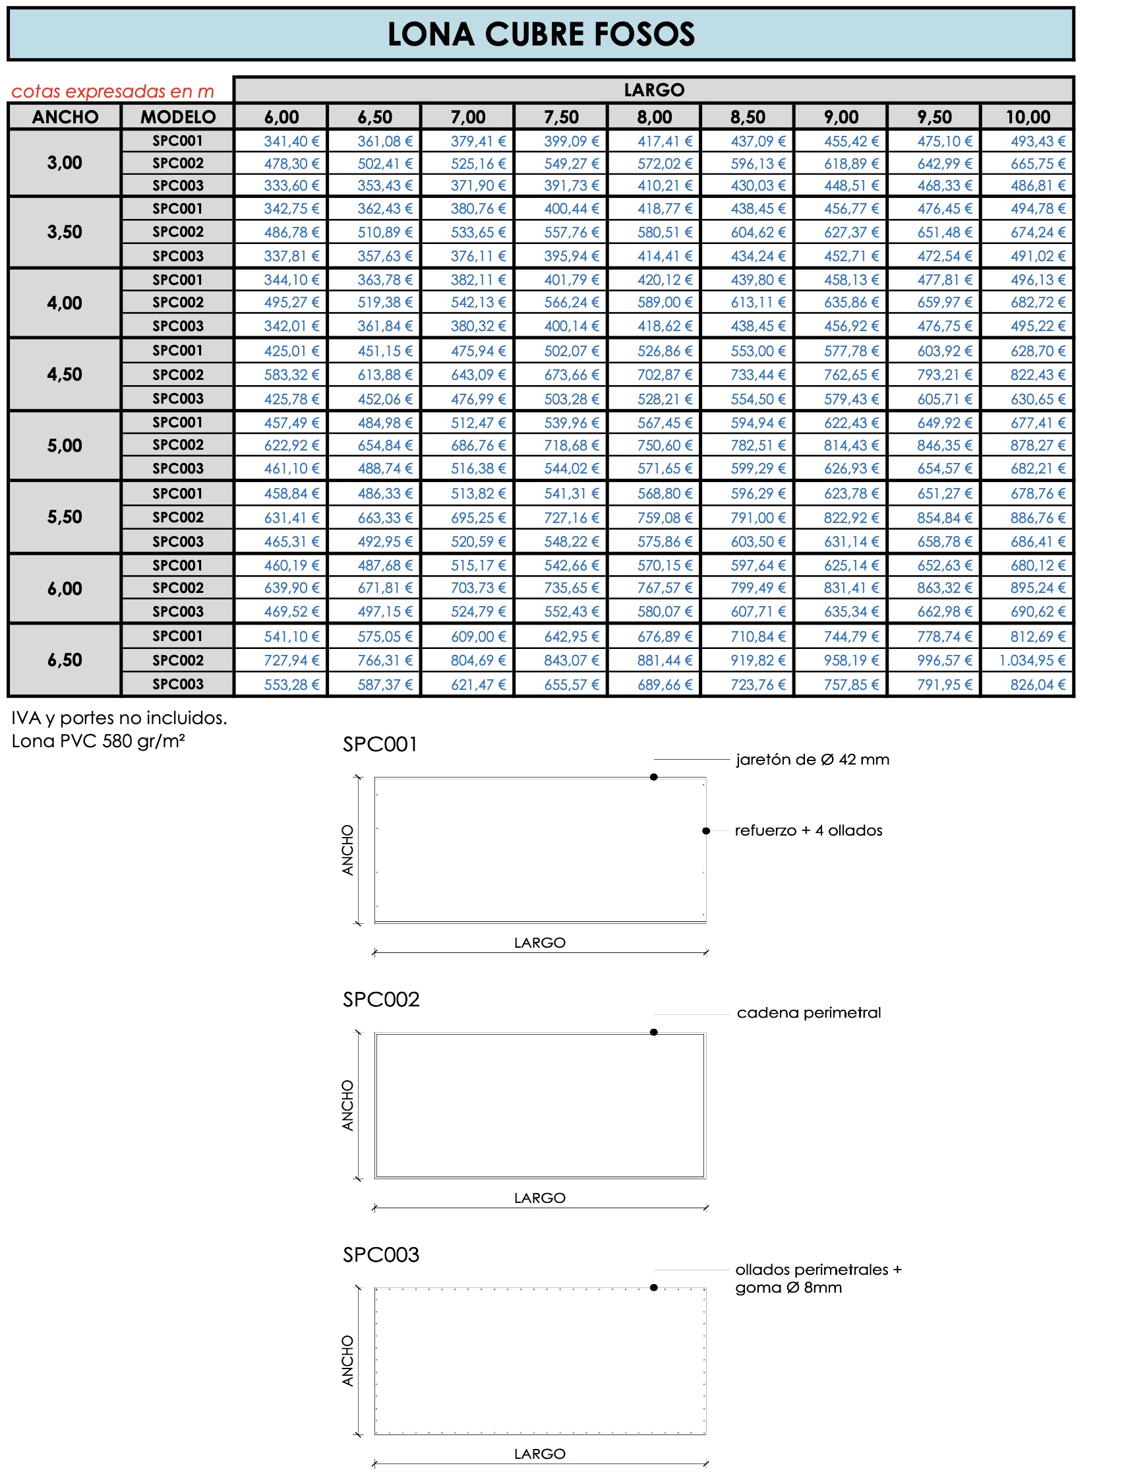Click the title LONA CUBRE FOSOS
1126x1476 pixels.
tap(541, 34)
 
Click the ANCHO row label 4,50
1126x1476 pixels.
tap(65, 374)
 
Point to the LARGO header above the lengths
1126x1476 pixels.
tap(653, 90)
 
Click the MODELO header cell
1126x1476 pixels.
tap(177, 117)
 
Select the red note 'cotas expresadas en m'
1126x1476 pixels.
tap(113, 91)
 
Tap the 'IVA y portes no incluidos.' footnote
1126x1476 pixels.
tap(119, 718)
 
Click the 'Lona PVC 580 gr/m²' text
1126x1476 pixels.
tap(98, 741)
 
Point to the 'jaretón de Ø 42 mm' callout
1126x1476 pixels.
tap(812, 760)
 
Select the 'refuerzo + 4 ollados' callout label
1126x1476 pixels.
tap(808, 831)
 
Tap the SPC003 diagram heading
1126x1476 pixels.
tap(380, 1255)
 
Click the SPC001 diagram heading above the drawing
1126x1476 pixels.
tap(380, 745)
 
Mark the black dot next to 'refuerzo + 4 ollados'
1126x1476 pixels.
tap(706, 831)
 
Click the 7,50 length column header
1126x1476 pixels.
tap(561, 117)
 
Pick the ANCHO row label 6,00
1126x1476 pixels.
tap(65, 589)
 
